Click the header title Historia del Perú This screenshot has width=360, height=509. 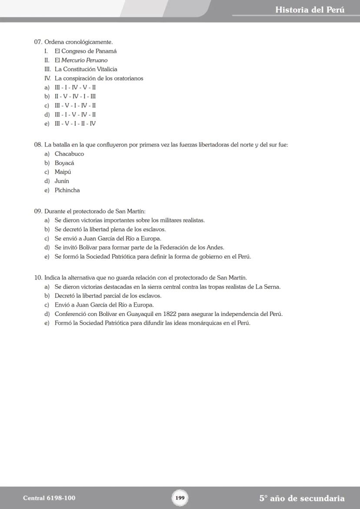coord(310,10)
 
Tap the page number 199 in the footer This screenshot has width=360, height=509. coord(180,498)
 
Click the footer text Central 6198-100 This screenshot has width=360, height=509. coord(46,498)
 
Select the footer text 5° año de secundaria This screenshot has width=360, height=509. coord(302,498)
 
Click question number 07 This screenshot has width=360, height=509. coord(38,42)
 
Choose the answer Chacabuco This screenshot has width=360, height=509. coord(69,154)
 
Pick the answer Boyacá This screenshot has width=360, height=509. coord(64,163)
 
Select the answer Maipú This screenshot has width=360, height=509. coord(63,172)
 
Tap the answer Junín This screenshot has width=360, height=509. coord(62,181)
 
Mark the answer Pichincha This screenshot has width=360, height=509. coord(67,190)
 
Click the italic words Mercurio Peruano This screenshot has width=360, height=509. coord(84,60)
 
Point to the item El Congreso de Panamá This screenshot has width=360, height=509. coord(86,51)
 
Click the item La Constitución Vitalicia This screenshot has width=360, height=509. coord(86,69)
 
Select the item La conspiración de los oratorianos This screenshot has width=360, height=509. coord(99,78)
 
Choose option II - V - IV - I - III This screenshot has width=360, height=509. coord(75,96)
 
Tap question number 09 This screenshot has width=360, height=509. coord(38,211)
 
